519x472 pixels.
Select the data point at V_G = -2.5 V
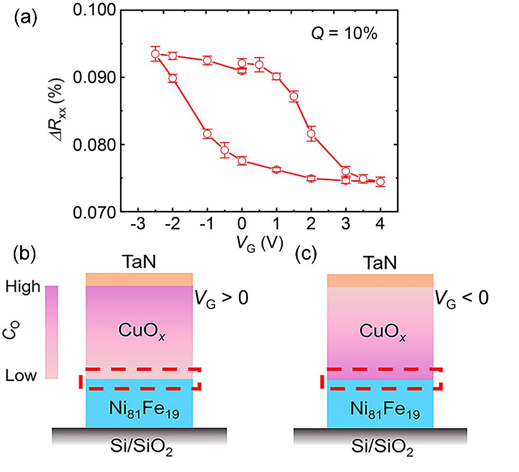tap(155, 54)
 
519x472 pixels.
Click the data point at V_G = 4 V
tap(380, 182)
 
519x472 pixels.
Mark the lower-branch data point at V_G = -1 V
tap(207, 134)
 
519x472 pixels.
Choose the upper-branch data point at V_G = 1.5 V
tap(294, 96)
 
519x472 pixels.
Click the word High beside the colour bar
tap(22, 287)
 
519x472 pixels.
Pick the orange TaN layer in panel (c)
tap(380, 280)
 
